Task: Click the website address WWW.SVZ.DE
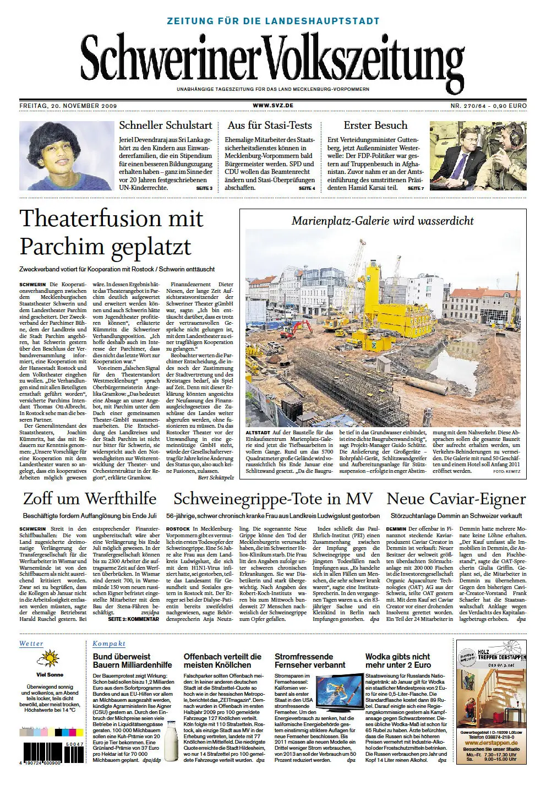click(273, 106)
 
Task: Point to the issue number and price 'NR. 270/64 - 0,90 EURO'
click(488, 106)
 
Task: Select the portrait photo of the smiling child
click(66, 156)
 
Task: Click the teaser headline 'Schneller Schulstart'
click(166, 126)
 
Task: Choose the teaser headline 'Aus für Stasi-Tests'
click(270, 126)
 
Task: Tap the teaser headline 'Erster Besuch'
click(375, 126)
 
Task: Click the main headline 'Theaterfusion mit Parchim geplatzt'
click(112, 232)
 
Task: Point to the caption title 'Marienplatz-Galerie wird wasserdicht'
click(383, 221)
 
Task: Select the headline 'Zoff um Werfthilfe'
click(90, 499)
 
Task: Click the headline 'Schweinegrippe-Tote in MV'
click(273, 499)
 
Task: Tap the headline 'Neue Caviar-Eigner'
click(456, 499)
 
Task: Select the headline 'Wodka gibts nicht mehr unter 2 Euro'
click(398, 661)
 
